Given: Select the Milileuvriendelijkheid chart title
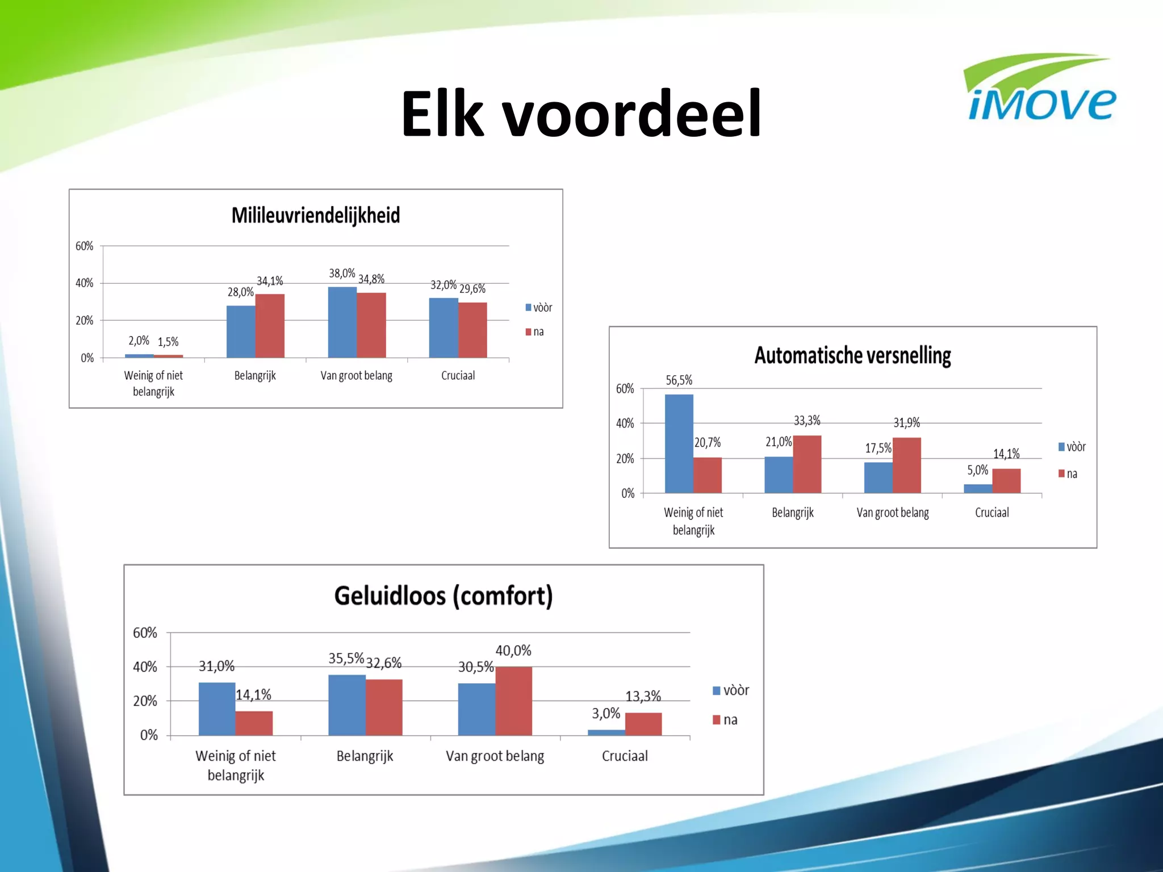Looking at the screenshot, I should [316, 215].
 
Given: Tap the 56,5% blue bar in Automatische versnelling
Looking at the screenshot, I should [679, 443].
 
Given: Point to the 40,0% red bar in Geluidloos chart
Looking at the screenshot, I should [513, 701].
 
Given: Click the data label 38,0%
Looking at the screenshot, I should [342, 273].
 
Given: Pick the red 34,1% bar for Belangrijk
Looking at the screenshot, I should [270, 326].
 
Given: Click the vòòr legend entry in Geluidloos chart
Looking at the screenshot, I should [731, 690].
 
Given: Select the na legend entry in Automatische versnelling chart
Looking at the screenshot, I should [1068, 473].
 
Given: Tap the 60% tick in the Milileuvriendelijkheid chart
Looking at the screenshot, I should [84, 246].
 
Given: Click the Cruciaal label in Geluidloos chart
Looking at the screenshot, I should [625, 756].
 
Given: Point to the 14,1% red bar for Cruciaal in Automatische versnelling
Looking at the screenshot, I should [1006, 480].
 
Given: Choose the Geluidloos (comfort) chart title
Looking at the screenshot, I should [443, 596].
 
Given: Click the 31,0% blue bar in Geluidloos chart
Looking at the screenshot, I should [217, 708].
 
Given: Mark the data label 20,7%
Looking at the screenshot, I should [708, 442].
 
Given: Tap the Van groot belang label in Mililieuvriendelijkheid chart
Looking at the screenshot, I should [356, 375].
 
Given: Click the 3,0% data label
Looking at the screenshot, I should [606, 713].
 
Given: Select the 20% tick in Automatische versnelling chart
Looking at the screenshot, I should [625, 458].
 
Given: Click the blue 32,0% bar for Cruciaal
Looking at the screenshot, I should [443, 328].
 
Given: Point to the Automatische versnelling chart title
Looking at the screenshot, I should [852, 355].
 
